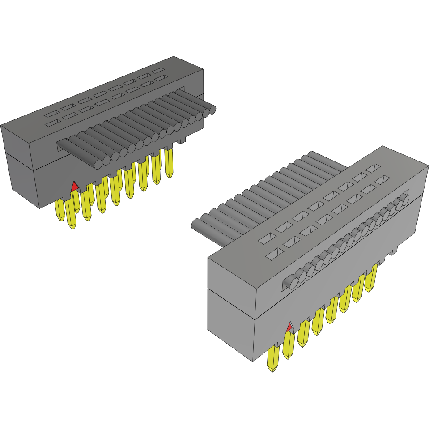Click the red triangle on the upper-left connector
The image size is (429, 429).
click(x=75, y=187)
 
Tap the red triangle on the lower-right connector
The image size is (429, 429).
click(x=289, y=327)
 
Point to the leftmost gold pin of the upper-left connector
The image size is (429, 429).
click(x=59, y=211)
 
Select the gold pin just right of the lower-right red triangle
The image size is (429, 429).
click(x=303, y=334)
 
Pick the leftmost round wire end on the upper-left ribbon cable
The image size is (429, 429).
click(x=98, y=163)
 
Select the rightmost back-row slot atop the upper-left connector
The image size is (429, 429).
click(x=157, y=71)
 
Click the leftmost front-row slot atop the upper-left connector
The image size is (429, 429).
click(x=51, y=122)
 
